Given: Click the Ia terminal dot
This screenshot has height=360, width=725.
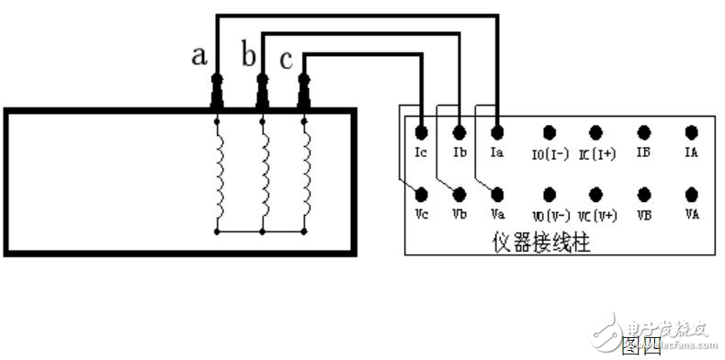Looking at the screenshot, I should pyautogui.click(x=497, y=132).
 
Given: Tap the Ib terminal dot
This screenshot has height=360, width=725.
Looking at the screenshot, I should pyautogui.click(x=459, y=132).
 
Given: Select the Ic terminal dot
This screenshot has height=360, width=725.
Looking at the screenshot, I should pyautogui.click(x=420, y=132).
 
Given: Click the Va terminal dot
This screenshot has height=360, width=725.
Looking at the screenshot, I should pyautogui.click(x=497, y=194).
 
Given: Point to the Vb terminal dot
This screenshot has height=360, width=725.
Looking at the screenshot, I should pyautogui.click(x=459, y=194).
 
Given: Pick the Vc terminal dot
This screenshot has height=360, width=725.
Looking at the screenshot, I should pyautogui.click(x=420, y=194).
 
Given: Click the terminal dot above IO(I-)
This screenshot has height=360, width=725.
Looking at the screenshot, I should pyautogui.click(x=549, y=132).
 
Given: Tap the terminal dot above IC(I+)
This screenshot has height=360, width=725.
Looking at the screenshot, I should pyautogui.click(x=595, y=132).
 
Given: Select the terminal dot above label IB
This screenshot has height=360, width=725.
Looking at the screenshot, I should pyautogui.click(x=644, y=132).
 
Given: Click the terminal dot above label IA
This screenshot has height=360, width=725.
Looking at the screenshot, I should pyautogui.click(x=691, y=132).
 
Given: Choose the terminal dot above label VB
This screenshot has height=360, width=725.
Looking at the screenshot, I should pyautogui.click(x=644, y=194).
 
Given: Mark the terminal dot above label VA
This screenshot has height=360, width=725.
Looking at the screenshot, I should pyautogui.click(x=691, y=194).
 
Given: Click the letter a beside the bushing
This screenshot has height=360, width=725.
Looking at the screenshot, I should pyautogui.click(x=198, y=56).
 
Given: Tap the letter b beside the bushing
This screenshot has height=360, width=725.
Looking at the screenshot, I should pyautogui.click(x=247, y=56).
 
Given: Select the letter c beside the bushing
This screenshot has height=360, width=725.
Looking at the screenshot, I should pyautogui.click(x=286, y=61).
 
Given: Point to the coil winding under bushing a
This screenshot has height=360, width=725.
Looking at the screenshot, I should pyautogui.click(x=218, y=174).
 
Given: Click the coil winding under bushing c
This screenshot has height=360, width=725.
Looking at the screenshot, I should pyautogui.click(x=306, y=174).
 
